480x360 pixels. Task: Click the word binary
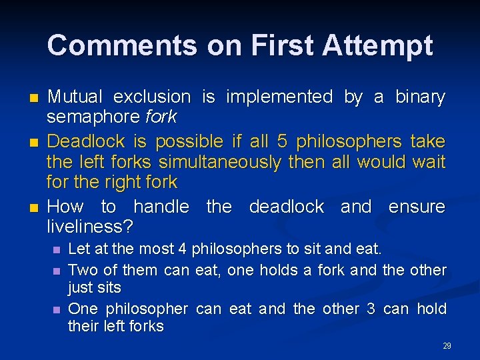pyautogui.click(x=419, y=97)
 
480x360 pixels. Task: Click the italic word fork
pyautogui.click(x=161, y=117)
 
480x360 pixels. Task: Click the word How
pyautogui.click(x=66, y=207)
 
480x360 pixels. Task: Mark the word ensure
pyautogui.click(x=417, y=207)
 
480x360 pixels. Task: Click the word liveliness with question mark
pyautogui.click(x=90, y=227)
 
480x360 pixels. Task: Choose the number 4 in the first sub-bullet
pyautogui.click(x=181, y=249)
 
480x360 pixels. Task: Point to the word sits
pyautogui.click(x=107, y=288)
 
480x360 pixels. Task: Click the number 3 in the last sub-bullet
pyautogui.click(x=371, y=309)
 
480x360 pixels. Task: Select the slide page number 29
pyautogui.click(x=447, y=345)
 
